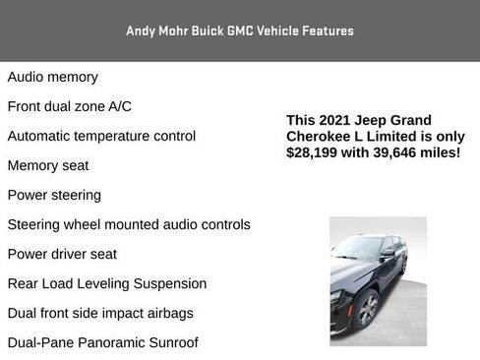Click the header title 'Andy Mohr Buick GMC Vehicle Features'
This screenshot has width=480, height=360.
coord(240,30)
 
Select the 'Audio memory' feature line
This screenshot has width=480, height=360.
coord(53,77)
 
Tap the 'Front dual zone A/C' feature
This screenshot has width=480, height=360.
coord(70,106)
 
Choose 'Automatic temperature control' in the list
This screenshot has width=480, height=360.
coord(101,136)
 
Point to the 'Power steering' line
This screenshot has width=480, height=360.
coord(54,195)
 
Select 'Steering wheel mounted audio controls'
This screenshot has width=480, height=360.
coord(129,224)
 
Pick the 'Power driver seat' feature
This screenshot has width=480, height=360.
coord(62,254)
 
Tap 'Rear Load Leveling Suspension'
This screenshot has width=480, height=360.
coord(107,283)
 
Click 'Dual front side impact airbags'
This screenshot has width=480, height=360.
coord(100,313)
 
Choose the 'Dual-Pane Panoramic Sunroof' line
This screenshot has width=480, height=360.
coord(102,342)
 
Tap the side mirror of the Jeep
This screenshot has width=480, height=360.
coord(388,253)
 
